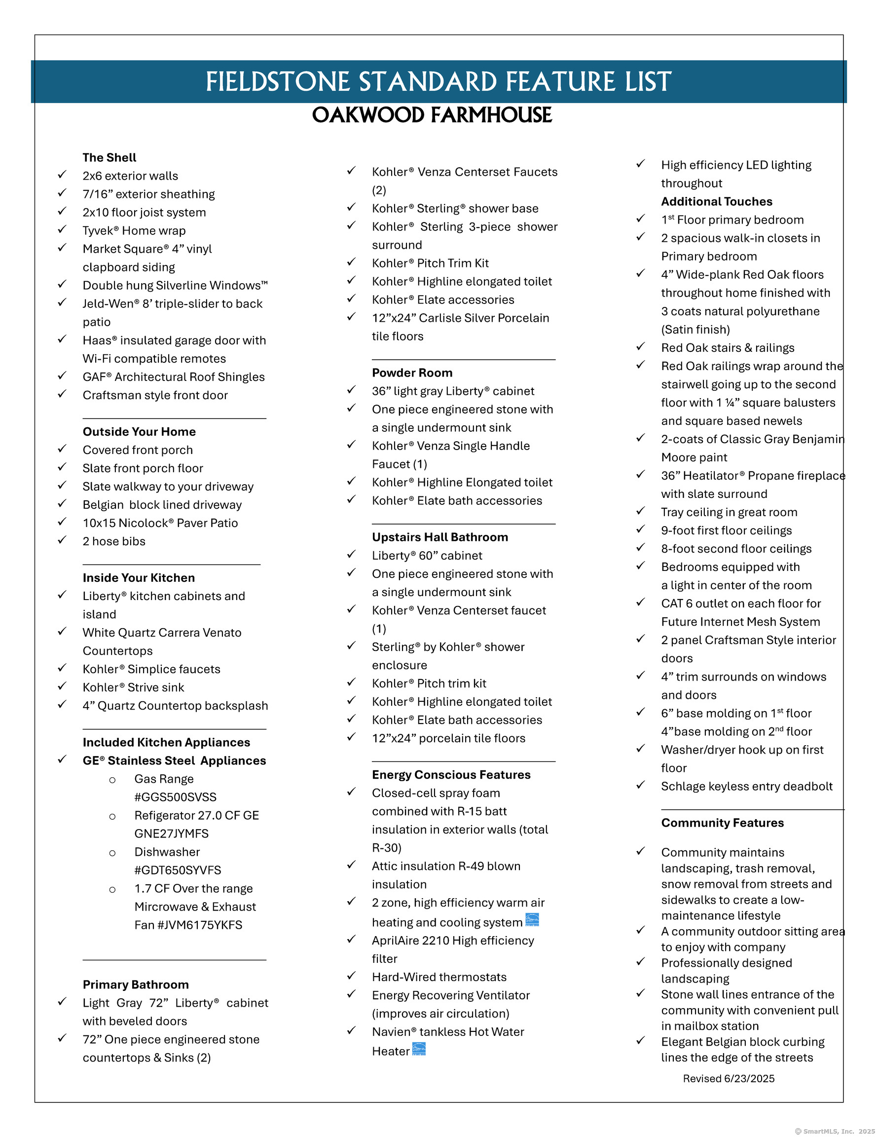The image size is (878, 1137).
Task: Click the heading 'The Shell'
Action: point(110,158)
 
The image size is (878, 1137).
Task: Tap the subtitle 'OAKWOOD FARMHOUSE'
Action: point(432,115)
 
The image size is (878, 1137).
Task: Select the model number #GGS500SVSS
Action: point(175,797)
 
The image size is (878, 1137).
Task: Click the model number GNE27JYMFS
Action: point(171,834)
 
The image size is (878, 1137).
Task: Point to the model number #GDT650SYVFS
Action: point(178,870)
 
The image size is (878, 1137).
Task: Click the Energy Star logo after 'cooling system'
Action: point(532,920)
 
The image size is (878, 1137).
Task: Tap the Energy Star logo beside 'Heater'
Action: point(419,1049)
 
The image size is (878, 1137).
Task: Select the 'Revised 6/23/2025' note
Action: point(728,1079)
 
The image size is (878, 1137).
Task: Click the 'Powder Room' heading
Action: point(412,373)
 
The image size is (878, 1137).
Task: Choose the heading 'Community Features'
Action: point(722,823)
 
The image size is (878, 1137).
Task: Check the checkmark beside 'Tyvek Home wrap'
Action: point(62,229)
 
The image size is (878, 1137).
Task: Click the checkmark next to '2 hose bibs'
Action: point(62,540)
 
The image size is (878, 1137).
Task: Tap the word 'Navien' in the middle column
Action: point(391,1032)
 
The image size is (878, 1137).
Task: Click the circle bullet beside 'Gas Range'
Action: point(112,780)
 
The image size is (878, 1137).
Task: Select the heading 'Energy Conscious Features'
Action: point(451,775)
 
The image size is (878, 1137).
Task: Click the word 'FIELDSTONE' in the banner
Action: point(277,82)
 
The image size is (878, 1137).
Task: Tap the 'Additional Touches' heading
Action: point(716,201)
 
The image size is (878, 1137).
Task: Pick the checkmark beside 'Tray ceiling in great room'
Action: point(640,511)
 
